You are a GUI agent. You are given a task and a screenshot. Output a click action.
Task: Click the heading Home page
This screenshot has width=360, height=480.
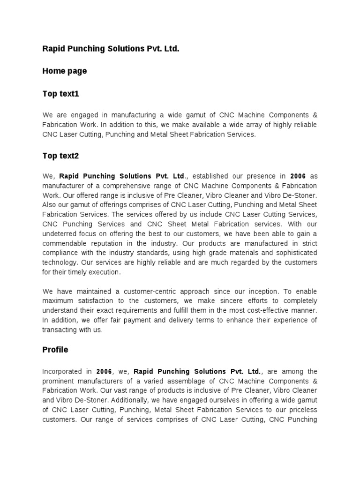tap(64, 71)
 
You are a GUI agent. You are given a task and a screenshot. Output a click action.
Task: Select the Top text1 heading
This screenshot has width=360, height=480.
tap(61, 94)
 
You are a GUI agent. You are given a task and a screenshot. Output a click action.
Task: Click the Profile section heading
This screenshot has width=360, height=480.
tap(55, 350)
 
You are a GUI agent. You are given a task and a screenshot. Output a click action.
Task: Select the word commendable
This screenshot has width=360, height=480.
tap(63, 243)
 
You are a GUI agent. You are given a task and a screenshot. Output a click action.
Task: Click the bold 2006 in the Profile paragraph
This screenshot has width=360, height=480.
tap(104, 371)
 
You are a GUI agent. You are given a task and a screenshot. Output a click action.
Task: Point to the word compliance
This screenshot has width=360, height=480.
tap(60, 253)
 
